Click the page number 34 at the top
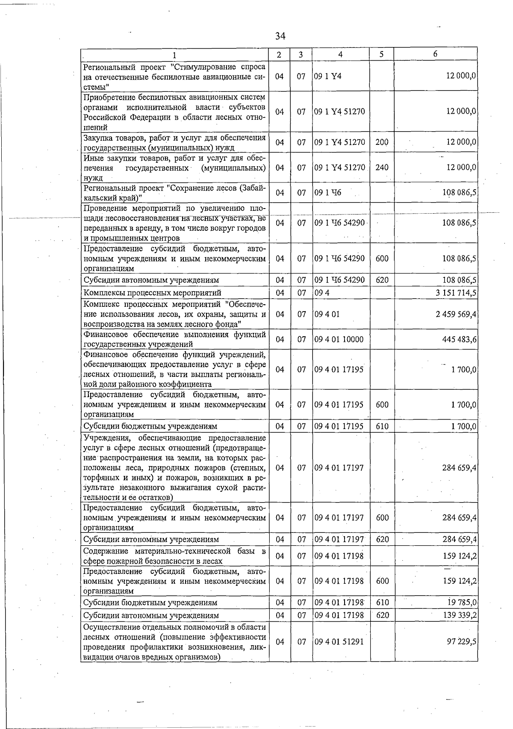(280, 36)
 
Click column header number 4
(340, 54)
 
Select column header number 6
(435, 54)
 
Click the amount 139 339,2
(460, 615)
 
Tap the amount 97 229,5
(462, 642)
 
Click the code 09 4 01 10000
(339, 339)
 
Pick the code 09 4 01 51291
(339, 642)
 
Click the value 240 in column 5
(382, 168)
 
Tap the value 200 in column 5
(382, 142)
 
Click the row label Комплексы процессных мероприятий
(152, 293)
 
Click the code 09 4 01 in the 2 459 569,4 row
(327, 314)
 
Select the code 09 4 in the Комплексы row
(321, 293)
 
